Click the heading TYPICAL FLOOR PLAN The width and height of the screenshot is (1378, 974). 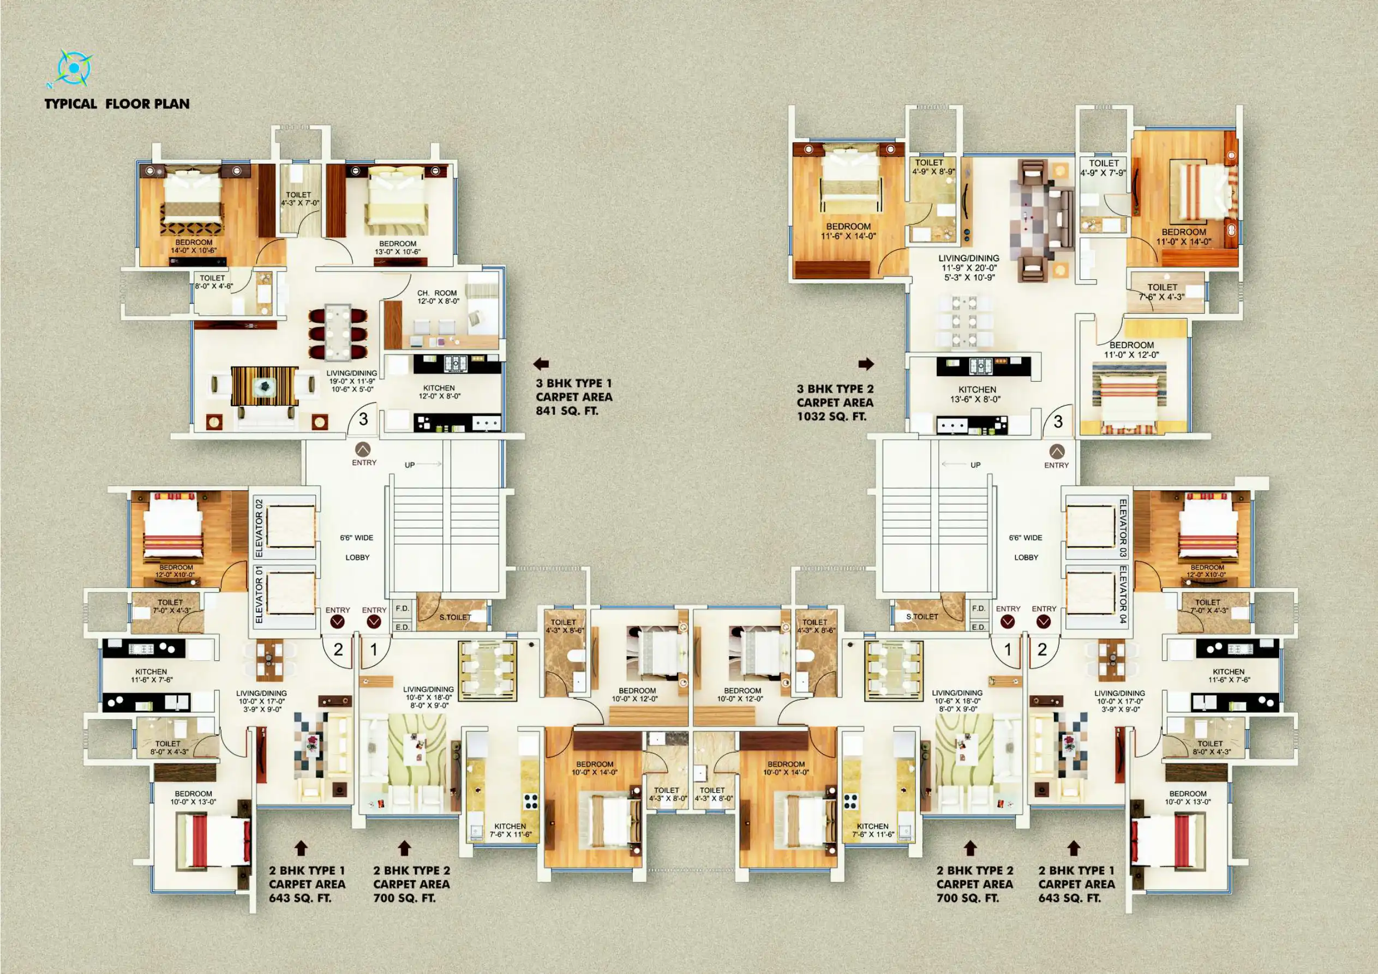click(117, 104)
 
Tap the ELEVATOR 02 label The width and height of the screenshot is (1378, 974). click(259, 527)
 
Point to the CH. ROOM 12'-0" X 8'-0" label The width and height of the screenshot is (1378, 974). click(438, 297)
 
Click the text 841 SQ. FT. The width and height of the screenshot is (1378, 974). click(567, 411)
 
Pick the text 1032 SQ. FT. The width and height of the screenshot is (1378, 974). click(832, 417)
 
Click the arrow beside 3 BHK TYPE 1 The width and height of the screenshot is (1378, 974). click(541, 364)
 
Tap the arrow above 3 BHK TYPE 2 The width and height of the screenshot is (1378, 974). click(866, 364)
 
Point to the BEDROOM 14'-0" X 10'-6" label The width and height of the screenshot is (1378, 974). click(194, 246)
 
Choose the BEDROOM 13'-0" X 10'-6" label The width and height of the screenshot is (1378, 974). click(397, 248)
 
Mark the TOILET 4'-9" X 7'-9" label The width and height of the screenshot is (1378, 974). click(1104, 167)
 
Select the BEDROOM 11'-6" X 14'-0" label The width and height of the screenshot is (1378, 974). click(848, 231)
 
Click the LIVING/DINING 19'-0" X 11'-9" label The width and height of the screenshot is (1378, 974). click(352, 381)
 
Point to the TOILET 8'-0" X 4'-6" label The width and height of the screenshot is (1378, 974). click(213, 282)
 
